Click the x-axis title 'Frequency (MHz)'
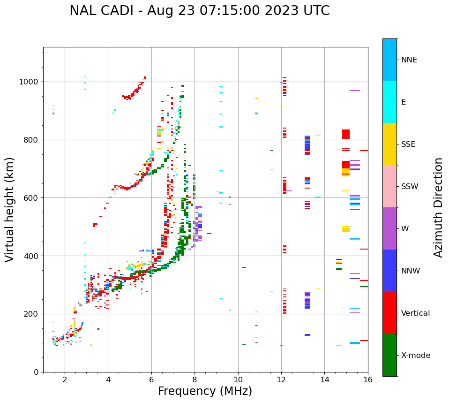[x=205, y=391]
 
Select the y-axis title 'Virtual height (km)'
[x=10, y=209]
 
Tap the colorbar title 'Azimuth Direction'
[x=438, y=207]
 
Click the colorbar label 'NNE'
[x=409, y=60]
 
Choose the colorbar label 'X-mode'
[x=415, y=356]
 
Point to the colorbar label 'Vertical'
[x=415, y=313]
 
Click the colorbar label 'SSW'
[x=410, y=187]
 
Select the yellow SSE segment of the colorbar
[x=389, y=144]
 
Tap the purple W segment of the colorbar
[x=389, y=228]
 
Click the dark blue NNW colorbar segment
[x=389, y=271]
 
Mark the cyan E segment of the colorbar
[x=389, y=102]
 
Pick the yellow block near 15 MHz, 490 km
[x=346, y=229]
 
